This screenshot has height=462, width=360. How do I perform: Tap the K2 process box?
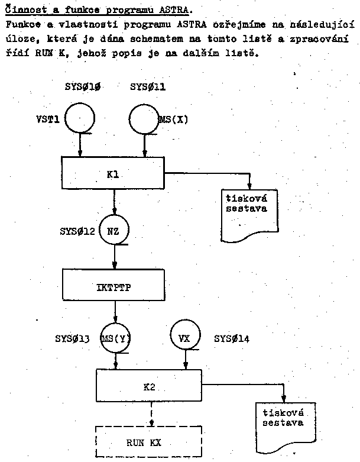149,386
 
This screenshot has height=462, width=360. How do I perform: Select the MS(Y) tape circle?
115,339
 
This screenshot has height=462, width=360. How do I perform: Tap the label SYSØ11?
148,87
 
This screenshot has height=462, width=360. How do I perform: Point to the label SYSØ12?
77,229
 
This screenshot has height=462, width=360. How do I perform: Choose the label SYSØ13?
73,339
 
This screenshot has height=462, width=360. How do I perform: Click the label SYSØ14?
232,339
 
